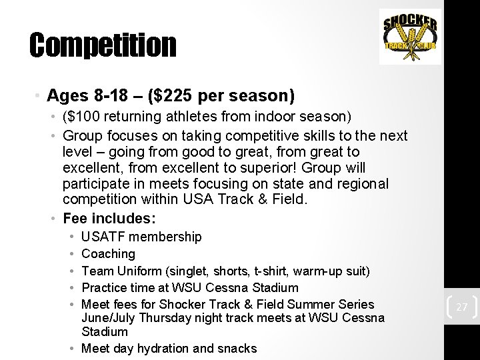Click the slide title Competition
coord(103,45)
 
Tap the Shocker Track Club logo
coord(410,37)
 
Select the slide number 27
coord(461,307)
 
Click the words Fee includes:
coord(109,218)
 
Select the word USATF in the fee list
coord(103,237)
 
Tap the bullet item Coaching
coord(108,254)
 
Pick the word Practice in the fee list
coord(103,288)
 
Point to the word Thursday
coord(161,318)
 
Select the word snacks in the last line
coord(237,348)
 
